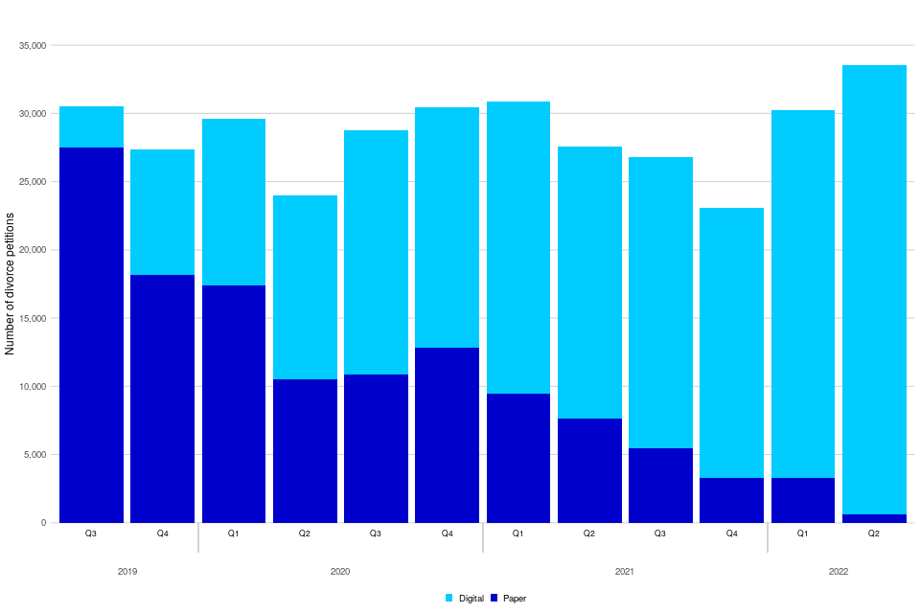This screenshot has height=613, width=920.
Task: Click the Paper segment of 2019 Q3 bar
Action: [x=91, y=335]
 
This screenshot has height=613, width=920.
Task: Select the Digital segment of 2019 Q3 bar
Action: [x=91, y=126]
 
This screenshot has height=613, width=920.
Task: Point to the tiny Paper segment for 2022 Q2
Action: [x=873, y=518]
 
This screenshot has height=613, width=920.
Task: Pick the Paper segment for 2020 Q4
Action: [x=447, y=435]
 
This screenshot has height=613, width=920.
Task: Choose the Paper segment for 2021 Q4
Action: [x=731, y=500]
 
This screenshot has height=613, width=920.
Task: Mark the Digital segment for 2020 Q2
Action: [x=305, y=287]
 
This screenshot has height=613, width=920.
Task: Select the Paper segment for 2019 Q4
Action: [x=162, y=398]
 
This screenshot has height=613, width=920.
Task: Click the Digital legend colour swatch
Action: [x=449, y=598]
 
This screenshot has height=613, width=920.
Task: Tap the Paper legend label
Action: [x=515, y=598]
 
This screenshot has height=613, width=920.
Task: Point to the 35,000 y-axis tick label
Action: [x=33, y=45]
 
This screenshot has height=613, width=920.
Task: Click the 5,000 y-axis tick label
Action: [x=35, y=455]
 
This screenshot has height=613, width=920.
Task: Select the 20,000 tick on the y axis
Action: [x=33, y=250]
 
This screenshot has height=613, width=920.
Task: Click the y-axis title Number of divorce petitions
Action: [x=11, y=284]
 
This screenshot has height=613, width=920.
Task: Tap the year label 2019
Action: [x=126, y=572]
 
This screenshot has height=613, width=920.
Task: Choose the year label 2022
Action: [x=838, y=572]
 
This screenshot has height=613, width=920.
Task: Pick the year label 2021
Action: [x=624, y=572]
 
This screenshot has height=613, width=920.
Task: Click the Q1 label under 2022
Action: [x=802, y=533]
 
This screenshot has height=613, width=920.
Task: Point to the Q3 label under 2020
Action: [x=376, y=533]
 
